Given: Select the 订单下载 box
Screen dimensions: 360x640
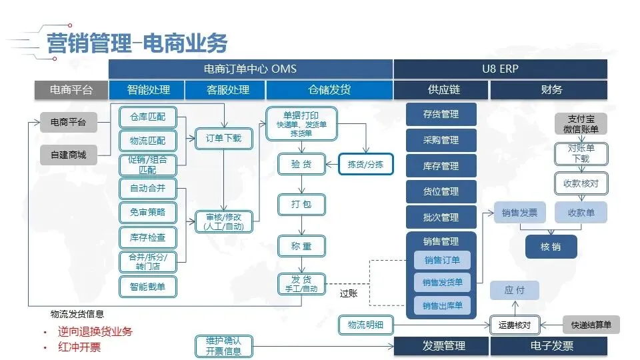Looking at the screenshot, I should [x=223, y=139].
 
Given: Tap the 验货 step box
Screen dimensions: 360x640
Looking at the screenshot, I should [x=301, y=164].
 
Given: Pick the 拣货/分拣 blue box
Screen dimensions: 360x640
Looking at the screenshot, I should [x=366, y=164].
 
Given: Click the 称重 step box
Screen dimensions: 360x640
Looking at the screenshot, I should [x=301, y=246].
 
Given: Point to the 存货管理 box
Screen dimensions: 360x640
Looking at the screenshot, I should [x=441, y=115].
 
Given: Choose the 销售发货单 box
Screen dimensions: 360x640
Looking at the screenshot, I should [x=441, y=283].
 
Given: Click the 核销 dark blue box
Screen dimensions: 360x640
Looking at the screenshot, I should [x=551, y=247].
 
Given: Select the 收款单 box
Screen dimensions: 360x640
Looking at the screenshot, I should [x=581, y=213].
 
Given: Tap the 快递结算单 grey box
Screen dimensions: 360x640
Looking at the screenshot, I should [x=591, y=325].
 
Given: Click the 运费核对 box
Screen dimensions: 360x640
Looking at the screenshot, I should [x=514, y=325].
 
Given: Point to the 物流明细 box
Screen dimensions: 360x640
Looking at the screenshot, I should [x=366, y=325].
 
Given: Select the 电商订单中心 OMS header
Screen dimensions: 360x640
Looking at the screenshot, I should [x=250, y=69].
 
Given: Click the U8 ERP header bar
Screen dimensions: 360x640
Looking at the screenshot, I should [x=500, y=69].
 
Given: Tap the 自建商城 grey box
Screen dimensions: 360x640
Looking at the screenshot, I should [x=69, y=155].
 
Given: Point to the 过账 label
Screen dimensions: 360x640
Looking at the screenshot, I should [x=349, y=293].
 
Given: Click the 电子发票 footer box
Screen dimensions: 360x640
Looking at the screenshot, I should [x=548, y=346].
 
